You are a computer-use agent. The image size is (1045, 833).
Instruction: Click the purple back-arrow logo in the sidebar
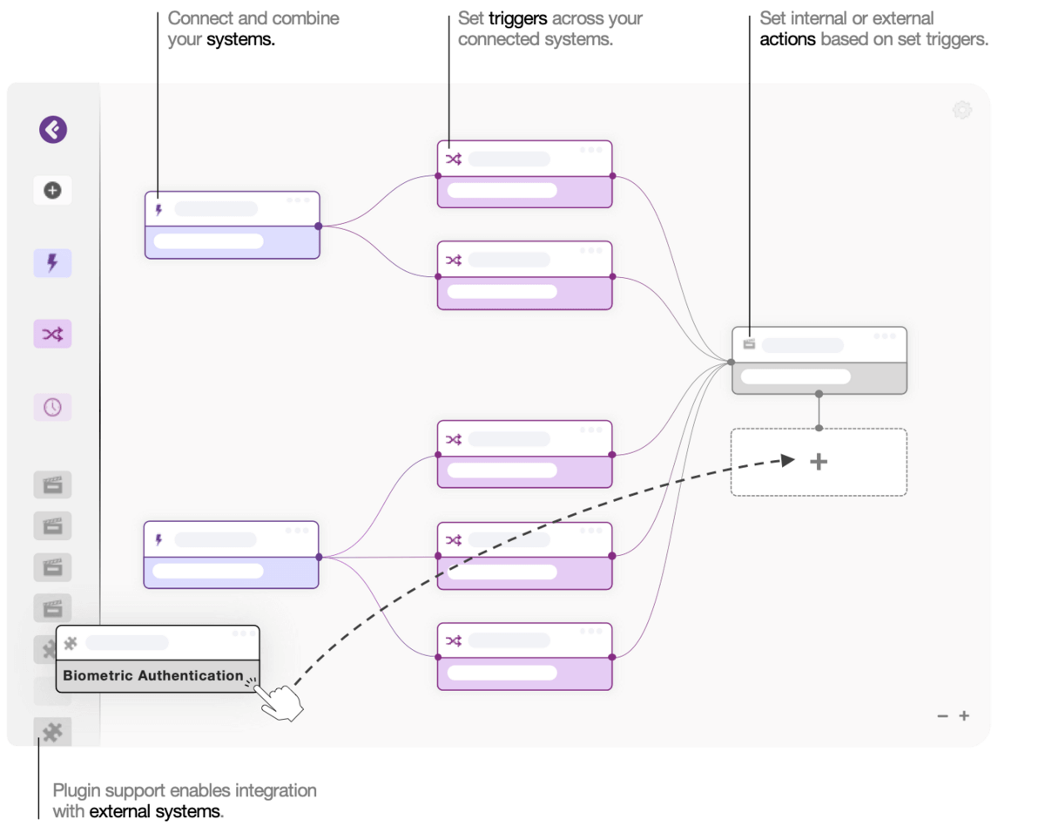point(53,130)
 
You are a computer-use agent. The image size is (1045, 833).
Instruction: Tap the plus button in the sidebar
point(52,190)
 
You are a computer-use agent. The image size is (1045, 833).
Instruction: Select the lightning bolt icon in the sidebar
point(52,262)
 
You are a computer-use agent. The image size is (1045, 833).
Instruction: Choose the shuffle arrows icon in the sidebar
point(52,334)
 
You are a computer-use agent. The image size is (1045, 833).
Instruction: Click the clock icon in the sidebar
point(52,407)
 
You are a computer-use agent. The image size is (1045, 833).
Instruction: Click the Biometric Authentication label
point(153,675)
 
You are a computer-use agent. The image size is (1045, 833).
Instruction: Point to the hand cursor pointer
point(280,701)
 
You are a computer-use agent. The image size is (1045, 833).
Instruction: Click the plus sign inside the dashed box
point(819,462)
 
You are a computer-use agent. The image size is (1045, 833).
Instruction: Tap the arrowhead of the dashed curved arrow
point(788,460)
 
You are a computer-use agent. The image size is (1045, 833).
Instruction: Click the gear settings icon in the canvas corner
point(961,110)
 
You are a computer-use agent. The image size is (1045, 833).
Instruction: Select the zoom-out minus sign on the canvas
point(942,716)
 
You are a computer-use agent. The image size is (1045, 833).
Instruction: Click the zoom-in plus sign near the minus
point(964,716)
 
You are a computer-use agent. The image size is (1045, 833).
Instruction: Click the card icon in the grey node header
point(749,344)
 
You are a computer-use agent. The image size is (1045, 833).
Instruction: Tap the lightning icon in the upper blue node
point(158,209)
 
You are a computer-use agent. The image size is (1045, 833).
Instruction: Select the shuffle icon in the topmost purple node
point(454,159)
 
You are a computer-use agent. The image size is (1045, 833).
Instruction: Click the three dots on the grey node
point(885,336)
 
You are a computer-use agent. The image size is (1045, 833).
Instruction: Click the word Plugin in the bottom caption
point(76,791)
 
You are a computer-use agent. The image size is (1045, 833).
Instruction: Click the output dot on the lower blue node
point(319,557)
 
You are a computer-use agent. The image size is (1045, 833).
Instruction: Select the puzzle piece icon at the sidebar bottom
point(52,732)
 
